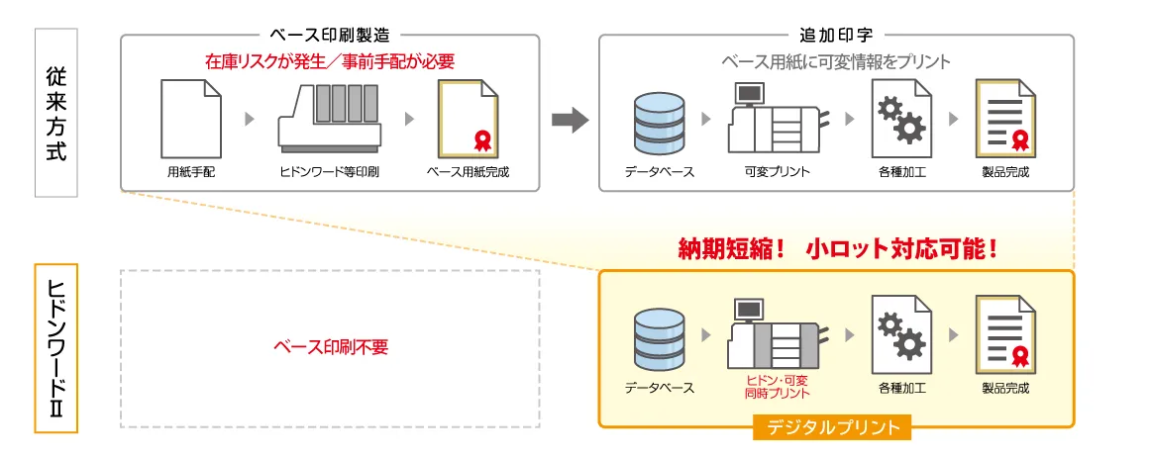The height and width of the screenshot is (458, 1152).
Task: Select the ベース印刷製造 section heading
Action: coord(330,36)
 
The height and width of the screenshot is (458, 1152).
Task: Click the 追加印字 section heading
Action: coord(836,36)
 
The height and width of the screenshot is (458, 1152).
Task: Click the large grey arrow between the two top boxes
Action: coord(570,121)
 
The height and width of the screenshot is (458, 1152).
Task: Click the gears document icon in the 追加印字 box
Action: coord(901,119)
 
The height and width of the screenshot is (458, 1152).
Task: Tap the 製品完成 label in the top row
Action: coord(1005,172)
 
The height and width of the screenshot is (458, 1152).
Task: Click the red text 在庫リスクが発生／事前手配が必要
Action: coord(330,61)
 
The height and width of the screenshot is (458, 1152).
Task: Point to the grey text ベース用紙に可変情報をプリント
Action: coord(836,61)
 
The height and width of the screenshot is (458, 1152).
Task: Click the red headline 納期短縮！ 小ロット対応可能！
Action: coord(836,246)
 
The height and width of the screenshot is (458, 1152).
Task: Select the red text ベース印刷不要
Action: coord(331,348)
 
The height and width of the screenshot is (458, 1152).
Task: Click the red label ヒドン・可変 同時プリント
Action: coord(777,386)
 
